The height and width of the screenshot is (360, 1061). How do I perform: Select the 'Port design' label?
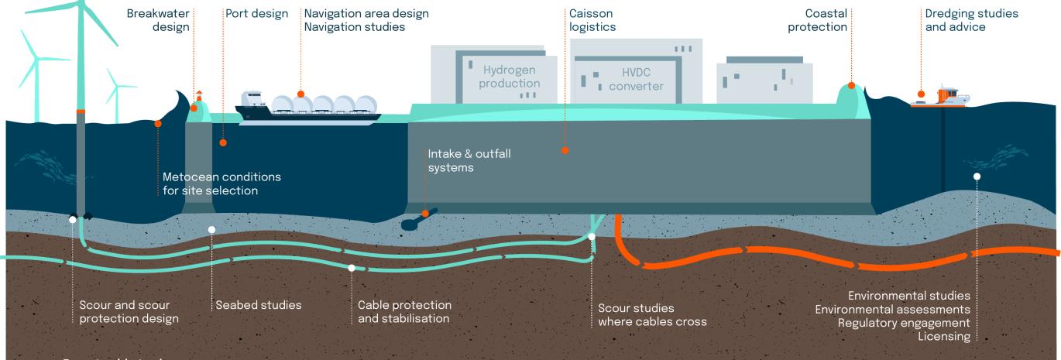256,14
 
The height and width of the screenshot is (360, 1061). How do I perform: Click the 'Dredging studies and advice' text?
972,20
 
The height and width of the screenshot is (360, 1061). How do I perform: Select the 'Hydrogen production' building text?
509,76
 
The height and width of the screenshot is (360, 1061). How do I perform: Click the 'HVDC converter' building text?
636,79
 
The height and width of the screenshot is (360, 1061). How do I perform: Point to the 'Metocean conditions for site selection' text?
221,183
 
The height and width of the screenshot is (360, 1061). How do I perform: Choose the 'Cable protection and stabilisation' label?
404,311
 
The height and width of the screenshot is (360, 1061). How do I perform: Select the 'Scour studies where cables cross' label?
652,314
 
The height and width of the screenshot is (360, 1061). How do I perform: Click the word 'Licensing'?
943,336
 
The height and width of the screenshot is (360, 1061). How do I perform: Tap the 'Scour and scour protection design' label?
129,311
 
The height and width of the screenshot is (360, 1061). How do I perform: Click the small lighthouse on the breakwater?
198,97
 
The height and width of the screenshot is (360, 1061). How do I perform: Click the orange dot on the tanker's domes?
302,95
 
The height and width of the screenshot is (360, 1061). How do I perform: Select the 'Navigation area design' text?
366,14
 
